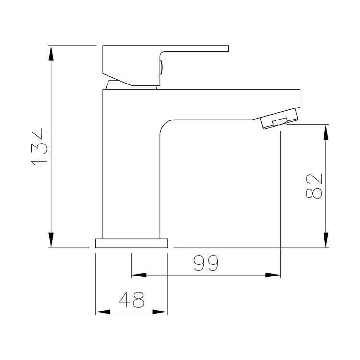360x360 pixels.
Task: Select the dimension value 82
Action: point(312,186)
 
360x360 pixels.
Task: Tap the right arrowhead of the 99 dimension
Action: point(273,275)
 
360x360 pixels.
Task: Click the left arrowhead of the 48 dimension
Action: point(102,312)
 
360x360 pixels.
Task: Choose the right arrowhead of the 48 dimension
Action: point(160,312)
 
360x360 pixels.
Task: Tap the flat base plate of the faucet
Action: point(131,242)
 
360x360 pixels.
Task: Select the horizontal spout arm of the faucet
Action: point(230,103)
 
